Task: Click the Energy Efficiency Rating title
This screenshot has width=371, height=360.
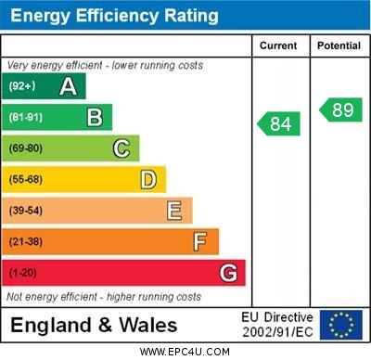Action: click(x=114, y=16)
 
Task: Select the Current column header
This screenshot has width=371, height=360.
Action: click(x=278, y=45)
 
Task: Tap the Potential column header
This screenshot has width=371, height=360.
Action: click(x=339, y=45)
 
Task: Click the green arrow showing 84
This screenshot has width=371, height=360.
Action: click(x=279, y=123)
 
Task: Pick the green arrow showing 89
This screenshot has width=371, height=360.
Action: click(x=340, y=109)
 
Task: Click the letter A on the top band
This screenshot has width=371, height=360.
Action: click(x=68, y=86)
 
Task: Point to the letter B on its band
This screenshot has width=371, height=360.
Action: click(x=94, y=117)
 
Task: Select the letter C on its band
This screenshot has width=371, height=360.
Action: click(x=121, y=148)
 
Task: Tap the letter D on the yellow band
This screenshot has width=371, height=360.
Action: click(x=147, y=179)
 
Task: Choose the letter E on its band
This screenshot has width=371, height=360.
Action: click(x=173, y=211)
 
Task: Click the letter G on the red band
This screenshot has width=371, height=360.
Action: click(x=227, y=273)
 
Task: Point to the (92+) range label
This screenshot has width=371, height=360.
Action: click(x=23, y=86)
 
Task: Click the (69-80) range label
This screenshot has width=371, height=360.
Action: click(x=26, y=148)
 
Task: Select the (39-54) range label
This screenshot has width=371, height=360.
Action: click(x=26, y=211)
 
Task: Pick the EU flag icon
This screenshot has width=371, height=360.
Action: click(x=340, y=325)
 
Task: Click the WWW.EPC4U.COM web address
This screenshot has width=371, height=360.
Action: click(x=185, y=352)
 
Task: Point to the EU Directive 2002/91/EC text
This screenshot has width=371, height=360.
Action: click(x=277, y=325)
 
